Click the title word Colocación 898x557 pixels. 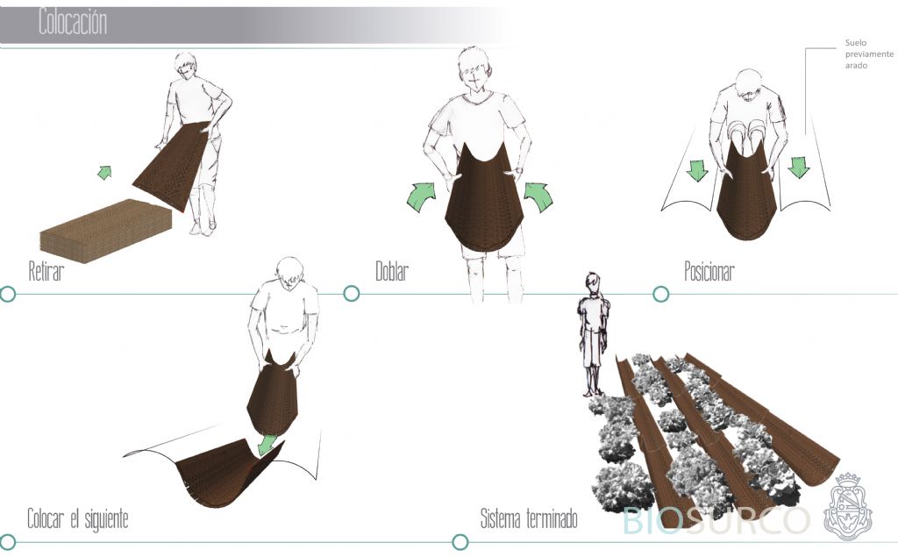click(x=73, y=22)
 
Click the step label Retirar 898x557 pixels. click(x=46, y=271)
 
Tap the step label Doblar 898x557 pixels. click(x=392, y=271)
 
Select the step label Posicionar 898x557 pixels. click(x=709, y=271)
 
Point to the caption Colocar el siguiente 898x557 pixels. click(x=78, y=519)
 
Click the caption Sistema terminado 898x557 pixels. click(x=529, y=519)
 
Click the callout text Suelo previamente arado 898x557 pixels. click(x=869, y=54)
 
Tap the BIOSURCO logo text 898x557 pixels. click(x=716, y=520)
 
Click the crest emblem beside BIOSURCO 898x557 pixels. click(x=848, y=506)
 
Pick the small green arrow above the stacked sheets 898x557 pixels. click(x=104, y=172)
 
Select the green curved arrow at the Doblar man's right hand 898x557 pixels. click(x=539, y=196)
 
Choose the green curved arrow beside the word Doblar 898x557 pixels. click(x=422, y=196)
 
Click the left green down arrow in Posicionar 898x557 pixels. click(x=697, y=170)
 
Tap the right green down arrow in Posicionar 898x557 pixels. click(x=798, y=167)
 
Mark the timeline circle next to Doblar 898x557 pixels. click(x=352, y=293)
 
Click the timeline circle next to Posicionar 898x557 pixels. click(x=661, y=294)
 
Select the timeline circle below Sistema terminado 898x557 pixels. click(x=460, y=541)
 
